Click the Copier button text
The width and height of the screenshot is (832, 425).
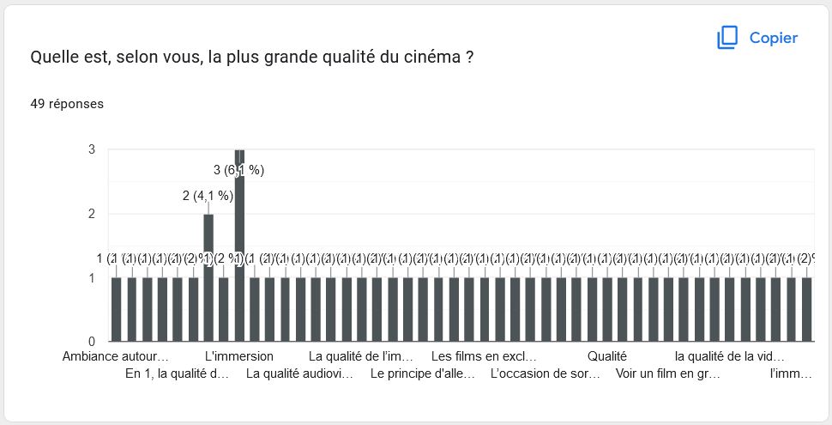[773, 38]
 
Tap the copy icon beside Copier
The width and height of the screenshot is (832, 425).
[727, 38]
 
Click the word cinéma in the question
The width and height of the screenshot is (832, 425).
[431, 58]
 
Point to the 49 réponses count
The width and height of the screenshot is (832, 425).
[67, 104]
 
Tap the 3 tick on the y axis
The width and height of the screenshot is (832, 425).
[91, 149]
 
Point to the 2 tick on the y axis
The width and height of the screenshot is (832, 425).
[91, 214]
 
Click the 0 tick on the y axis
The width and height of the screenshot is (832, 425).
[91, 341]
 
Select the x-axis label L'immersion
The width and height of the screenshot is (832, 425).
[239, 356]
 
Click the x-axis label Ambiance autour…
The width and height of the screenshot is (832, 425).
[116, 356]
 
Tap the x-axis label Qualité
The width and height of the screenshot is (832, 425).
[607, 356]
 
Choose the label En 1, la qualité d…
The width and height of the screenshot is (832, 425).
[178, 373]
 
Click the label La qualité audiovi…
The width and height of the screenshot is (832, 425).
[300, 373]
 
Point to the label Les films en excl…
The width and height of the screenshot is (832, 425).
[485, 356]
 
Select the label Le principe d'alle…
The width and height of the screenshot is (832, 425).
[424, 373]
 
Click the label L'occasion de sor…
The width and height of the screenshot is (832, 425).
[546, 373]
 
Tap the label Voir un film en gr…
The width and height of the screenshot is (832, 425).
[668, 373]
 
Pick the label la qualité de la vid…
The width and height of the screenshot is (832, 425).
[730, 356]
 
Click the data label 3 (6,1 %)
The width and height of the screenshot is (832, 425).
[238, 170]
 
